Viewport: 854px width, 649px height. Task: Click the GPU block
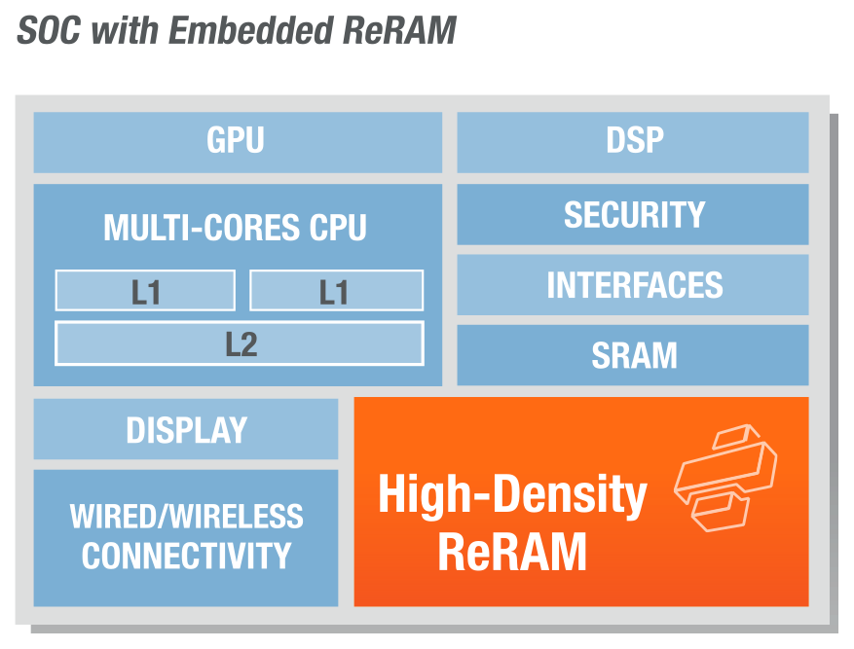click(x=237, y=142)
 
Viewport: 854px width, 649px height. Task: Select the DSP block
click(x=633, y=142)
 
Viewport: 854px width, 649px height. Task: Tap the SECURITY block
click(x=633, y=214)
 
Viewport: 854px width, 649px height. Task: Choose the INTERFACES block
click(x=633, y=285)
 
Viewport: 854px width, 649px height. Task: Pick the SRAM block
click(x=633, y=355)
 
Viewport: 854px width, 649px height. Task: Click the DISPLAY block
click(x=186, y=429)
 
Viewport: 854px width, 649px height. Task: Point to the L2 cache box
click(x=240, y=343)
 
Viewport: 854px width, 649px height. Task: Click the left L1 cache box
click(x=145, y=291)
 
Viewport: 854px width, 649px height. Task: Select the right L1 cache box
click(x=336, y=291)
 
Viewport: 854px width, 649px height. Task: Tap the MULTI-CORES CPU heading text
click(x=236, y=228)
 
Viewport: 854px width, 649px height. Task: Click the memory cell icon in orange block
click(x=724, y=477)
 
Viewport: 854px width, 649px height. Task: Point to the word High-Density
click(x=512, y=494)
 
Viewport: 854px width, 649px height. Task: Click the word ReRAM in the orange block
click(x=512, y=552)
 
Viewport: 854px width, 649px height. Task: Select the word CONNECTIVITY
click(x=186, y=556)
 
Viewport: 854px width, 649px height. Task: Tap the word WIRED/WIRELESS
click(x=186, y=516)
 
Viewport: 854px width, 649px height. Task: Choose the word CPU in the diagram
click(x=338, y=228)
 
